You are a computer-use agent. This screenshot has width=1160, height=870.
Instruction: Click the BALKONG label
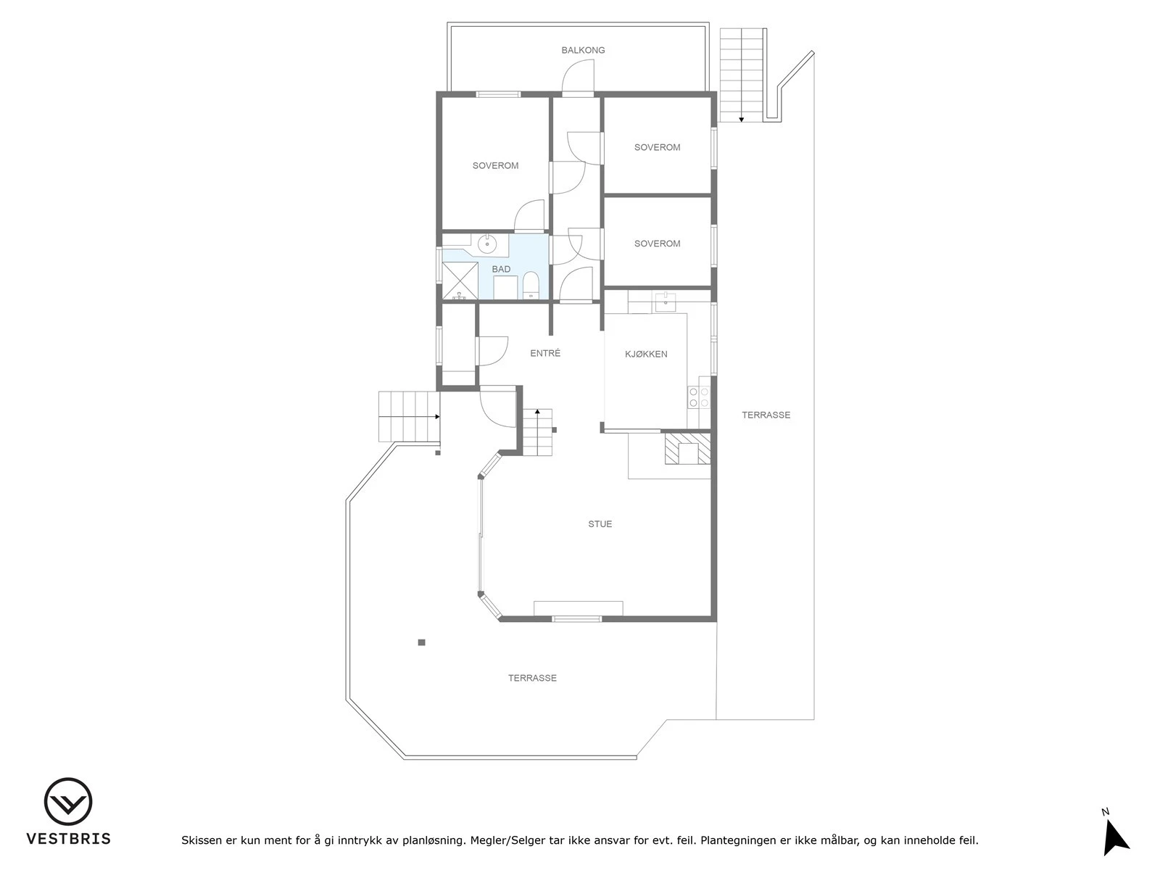(x=583, y=50)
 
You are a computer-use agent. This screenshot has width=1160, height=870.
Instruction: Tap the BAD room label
(x=501, y=269)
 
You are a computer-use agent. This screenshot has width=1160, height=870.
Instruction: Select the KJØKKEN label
(x=646, y=354)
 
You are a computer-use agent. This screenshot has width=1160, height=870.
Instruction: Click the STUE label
(x=600, y=523)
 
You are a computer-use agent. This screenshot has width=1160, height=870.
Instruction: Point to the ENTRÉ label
(x=545, y=353)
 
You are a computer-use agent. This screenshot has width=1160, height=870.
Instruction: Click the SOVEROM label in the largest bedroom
(x=495, y=165)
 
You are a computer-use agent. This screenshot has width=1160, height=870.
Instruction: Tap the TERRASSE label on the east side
(x=766, y=415)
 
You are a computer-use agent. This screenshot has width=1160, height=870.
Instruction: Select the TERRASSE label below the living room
(x=532, y=678)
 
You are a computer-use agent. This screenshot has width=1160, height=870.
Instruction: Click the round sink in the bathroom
(x=487, y=244)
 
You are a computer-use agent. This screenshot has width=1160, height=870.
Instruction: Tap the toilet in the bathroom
(x=531, y=286)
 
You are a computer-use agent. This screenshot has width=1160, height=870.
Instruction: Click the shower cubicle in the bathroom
(x=460, y=280)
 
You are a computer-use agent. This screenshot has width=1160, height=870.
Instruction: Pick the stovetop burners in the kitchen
(x=699, y=397)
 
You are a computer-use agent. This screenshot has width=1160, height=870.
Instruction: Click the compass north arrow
(x=1114, y=839)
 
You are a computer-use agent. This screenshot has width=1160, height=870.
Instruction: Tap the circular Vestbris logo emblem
(x=68, y=801)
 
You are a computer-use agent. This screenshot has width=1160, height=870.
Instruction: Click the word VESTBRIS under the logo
(x=68, y=839)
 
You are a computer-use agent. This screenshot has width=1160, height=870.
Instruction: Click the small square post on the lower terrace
(x=421, y=642)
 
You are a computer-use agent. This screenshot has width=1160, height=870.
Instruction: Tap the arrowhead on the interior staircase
(x=537, y=412)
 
